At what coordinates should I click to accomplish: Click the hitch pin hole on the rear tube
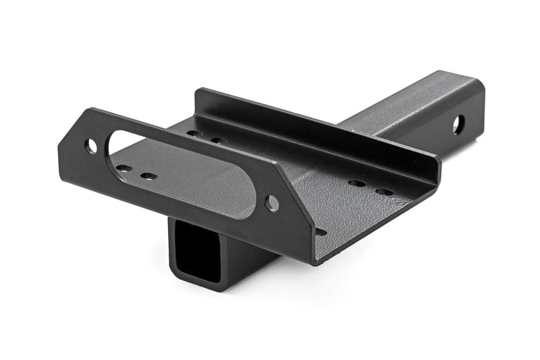(x=458, y=124)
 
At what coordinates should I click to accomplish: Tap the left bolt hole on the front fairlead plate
(x=90, y=145)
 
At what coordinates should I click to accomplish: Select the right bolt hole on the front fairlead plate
(x=272, y=203)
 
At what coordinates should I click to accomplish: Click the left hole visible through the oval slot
(x=125, y=168)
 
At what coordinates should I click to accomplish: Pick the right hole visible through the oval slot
(x=148, y=176)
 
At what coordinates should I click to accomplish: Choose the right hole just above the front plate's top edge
(x=218, y=140)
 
